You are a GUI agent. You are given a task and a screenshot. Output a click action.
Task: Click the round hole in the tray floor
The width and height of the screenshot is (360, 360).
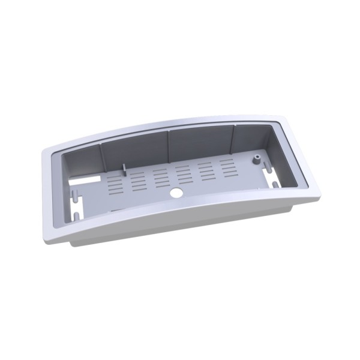178,194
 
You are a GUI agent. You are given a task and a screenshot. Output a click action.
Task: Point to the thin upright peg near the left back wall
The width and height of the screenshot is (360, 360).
123,167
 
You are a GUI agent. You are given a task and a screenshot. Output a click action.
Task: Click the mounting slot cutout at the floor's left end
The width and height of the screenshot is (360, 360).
77,210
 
